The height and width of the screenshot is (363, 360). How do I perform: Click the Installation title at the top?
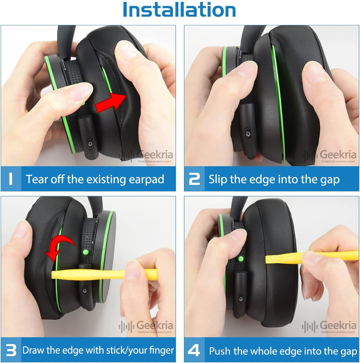click(x=179, y=10)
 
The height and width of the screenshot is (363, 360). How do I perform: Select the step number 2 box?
click(x=194, y=179)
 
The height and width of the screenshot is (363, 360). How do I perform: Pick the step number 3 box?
click(x=11, y=350)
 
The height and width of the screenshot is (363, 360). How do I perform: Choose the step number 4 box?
click(x=194, y=351)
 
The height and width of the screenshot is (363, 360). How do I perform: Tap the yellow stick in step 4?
click(x=310, y=257)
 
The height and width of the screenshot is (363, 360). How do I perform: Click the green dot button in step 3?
click(x=86, y=251)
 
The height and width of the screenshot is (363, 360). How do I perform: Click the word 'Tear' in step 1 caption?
click(x=37, y=179)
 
